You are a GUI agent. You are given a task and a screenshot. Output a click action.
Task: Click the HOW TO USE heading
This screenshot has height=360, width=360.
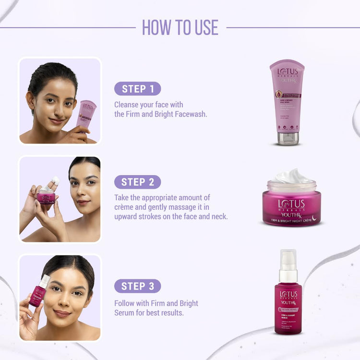click(x=180, y=27)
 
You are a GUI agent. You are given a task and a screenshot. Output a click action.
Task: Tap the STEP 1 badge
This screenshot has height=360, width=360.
click(x=137, y=89)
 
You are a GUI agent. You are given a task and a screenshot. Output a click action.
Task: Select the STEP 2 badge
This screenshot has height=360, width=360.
click(x=137, y=182)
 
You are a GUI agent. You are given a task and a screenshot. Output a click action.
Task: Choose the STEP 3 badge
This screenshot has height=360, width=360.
click(x=137, y=286)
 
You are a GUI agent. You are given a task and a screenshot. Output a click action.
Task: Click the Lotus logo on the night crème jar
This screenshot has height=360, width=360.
click(x=291, y=204)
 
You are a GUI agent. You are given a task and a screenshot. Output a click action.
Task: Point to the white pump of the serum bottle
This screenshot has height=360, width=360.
click(x=288, y=262)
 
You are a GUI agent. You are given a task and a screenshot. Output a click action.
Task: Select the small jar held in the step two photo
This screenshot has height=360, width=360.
click(x=46, y=195)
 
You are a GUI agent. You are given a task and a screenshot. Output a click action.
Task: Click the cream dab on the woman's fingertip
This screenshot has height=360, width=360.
click(x=56, y=180)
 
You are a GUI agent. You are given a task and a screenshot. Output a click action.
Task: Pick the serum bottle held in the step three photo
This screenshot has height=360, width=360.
click(x=38, y=292)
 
